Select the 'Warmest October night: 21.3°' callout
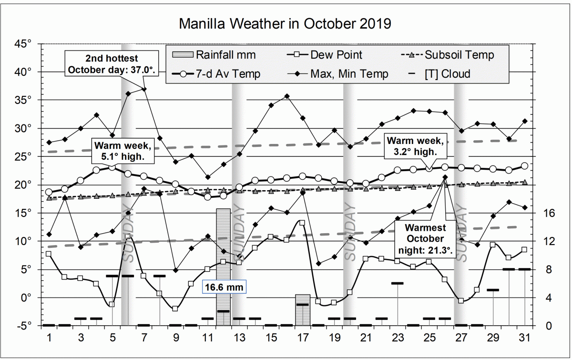point(425,238)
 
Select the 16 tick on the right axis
point(550,213)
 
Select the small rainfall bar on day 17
point(302,310)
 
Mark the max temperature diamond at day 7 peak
point(144,89)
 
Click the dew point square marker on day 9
point(175,309)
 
